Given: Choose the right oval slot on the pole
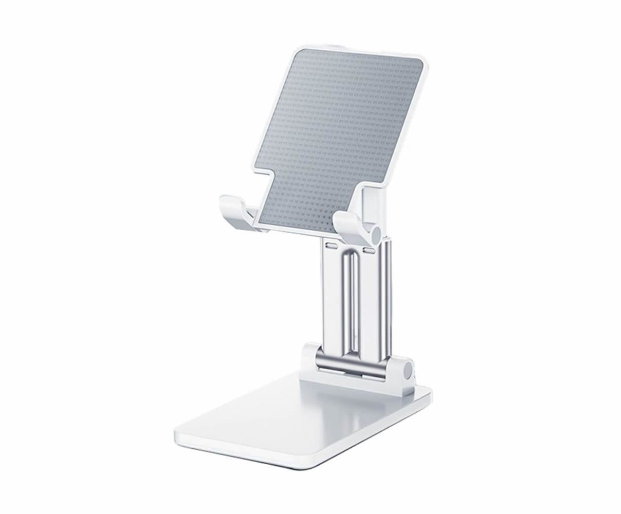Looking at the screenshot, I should (368, 251).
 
